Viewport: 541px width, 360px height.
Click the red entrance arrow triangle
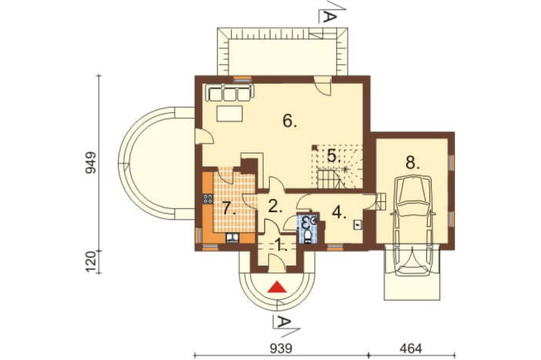(x=278, y=287)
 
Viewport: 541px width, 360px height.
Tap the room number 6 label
(x=289, y=121)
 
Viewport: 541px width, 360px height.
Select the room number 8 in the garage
(x=412, y=162)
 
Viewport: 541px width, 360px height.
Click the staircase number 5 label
(x=334, y=156)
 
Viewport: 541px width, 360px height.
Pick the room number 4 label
(x=339, y=212)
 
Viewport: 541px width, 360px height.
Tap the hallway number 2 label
(x=275, y=206)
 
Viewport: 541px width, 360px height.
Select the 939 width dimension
(x=281, y=348)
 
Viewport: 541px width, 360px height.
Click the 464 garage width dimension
(x=411, y=348)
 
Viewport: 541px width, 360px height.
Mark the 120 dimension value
(x=91, y=262)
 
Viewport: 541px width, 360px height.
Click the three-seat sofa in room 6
(x=229, y=92)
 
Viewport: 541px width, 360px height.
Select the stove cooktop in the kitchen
(x=208, y=199)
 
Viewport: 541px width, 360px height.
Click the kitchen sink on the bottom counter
(x=233, y=238)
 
